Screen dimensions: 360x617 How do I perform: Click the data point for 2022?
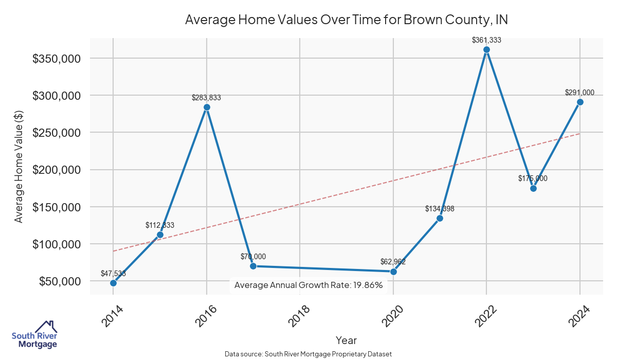[486, 50]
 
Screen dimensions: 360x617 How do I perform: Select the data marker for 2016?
[207, 107]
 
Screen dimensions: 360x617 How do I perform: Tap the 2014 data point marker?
[113, 283]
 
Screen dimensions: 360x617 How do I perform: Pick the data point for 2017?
[253, 266]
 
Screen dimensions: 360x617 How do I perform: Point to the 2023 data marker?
[533, 188]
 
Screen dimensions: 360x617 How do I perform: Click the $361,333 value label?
[486, 40]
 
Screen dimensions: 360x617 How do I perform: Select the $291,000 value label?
[579, 93]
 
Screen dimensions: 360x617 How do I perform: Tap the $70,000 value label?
[253, 257]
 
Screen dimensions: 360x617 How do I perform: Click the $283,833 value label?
[206, 97]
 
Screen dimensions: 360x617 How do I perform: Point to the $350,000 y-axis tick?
[56, 59]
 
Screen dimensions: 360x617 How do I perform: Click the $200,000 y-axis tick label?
[56, 170]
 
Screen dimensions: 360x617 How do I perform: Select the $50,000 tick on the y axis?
[59, 281]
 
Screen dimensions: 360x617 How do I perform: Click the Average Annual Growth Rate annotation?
[308, 285]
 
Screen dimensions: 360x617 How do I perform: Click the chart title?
[347, 20]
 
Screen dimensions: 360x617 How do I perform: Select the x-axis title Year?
[346, 340]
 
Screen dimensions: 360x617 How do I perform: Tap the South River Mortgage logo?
[34, 335]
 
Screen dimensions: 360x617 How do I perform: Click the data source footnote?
[308, 354]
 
